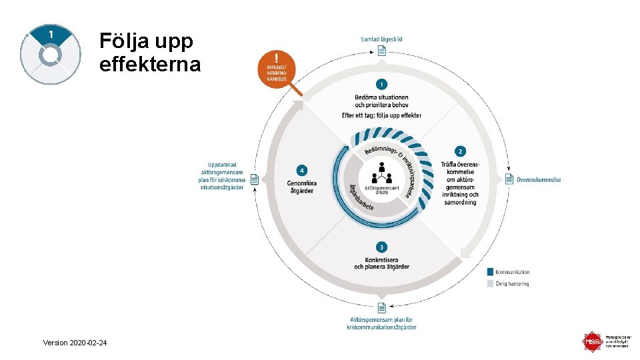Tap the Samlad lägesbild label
(381, 39)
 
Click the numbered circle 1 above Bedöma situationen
(381, 85)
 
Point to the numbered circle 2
(460, 151)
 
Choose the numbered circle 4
(302, 170)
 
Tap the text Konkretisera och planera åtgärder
(381, 263)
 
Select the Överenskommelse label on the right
(539, 179)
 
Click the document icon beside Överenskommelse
(510, 179)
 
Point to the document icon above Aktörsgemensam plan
(381, 307)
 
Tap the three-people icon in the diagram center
(382, 175)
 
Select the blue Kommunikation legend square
(491, 272)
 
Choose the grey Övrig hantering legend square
(491, 284)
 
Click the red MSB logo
(593, 342)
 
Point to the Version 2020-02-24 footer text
(75, 343)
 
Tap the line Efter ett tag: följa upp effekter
(381, 115)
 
